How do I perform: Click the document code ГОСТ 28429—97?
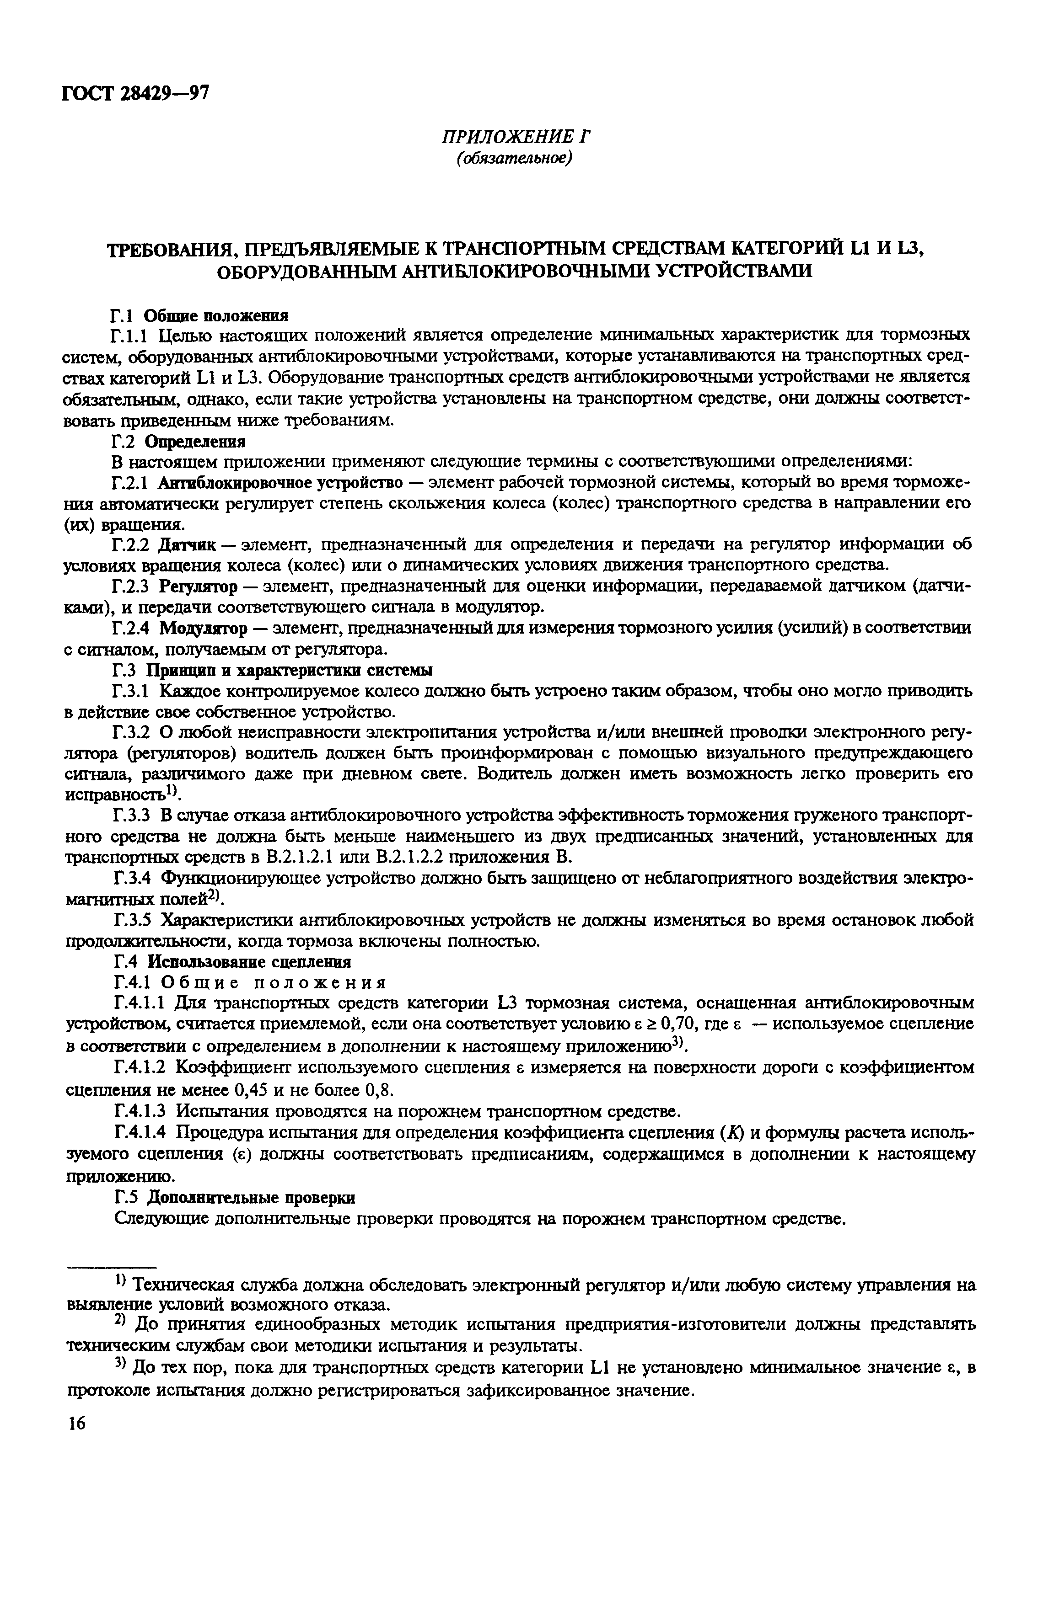[135, 92]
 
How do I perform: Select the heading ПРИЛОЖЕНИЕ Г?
[516, 137]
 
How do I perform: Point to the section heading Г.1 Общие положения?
[199, 315]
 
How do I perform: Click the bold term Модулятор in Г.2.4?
[202, 629]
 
